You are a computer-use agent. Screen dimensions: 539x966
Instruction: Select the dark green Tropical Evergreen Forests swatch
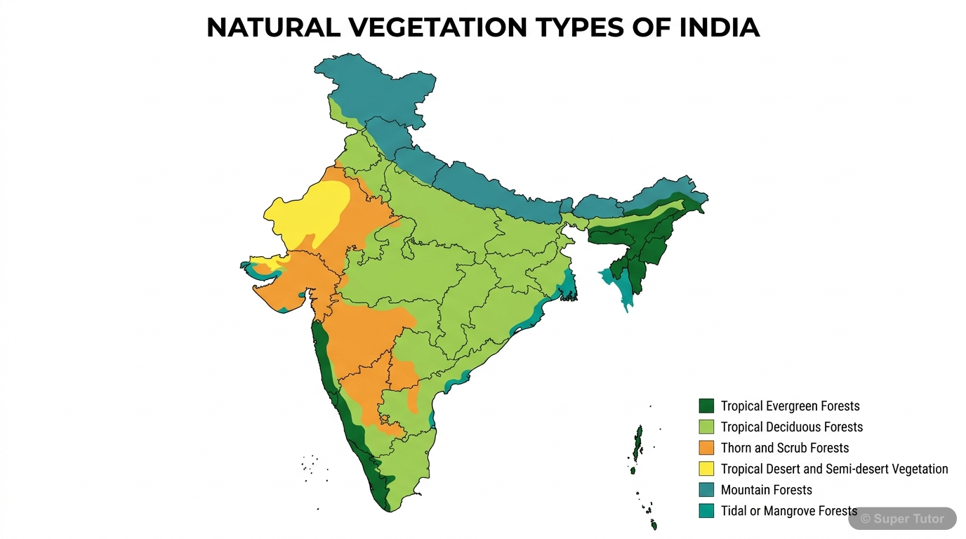point(706,406)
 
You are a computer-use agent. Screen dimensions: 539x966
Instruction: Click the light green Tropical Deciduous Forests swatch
point(706,427)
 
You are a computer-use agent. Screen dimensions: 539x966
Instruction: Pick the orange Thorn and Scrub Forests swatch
point(706,448)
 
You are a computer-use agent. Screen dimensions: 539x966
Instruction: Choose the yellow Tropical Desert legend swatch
point(706,469)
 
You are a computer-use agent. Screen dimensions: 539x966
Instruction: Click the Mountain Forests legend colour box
point(706,490)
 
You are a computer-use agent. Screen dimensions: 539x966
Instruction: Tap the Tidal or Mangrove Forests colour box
point(706,511)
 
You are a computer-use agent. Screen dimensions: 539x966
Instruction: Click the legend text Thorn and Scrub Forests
point(785,448)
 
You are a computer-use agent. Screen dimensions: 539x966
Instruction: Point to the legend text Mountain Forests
point(766,490)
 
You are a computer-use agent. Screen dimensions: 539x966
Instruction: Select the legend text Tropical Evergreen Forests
point(790,406)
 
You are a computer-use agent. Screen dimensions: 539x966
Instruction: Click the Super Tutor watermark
point(902,519)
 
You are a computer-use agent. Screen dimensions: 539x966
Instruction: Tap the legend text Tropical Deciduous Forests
point(791,427)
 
